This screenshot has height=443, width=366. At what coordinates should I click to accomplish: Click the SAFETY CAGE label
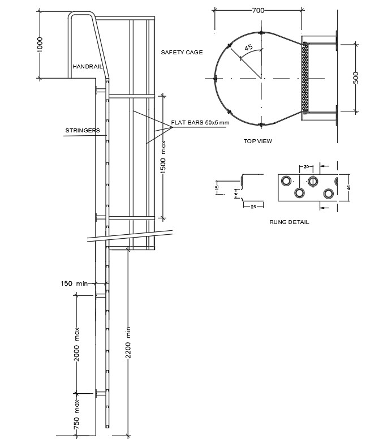pyautogui.click(x=182, y=52)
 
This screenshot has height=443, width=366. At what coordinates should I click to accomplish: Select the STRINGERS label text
pyautogui.click(x=83, y=131)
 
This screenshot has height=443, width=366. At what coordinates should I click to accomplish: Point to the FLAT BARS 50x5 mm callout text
pyautogui.click(x=201, y=123)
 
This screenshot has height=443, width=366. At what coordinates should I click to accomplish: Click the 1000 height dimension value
pyautogui.click(x=40, y=45)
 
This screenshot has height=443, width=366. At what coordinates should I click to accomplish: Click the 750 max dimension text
pyautogui.click(x=76, y=414)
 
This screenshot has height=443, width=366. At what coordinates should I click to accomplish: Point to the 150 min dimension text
pyautogui.click(x=75, y=283)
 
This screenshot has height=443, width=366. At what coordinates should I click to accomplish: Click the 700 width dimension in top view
pyautogui.click(x=258, y=10)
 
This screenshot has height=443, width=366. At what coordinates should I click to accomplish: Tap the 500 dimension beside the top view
pyautogui.click(x=356, y=78)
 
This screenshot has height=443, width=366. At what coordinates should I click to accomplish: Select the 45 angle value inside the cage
pyautogui.click(x=248, y=48)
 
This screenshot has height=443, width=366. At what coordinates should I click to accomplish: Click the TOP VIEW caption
pyautogui.click(x=257, y=141)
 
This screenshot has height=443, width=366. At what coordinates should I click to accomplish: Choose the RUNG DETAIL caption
pyautogui.click(x=290, y=222)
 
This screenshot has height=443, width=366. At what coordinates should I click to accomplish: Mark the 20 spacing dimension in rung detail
pyautogui.click(x=306, y=167)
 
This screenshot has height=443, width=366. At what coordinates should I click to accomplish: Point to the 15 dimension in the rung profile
pyautogui.click(x=217, y=188)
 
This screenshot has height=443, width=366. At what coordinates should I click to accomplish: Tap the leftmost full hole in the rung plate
pyautogui.click(x=286, y=180)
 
